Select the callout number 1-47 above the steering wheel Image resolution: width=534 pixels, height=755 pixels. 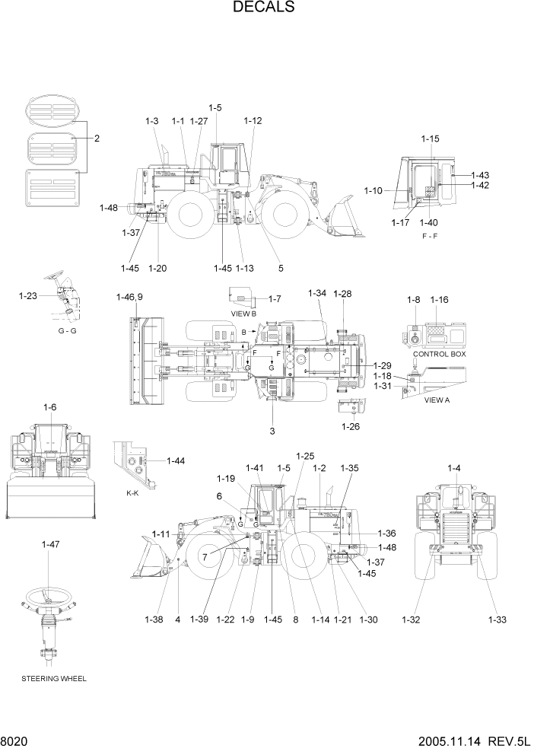click(51, 544)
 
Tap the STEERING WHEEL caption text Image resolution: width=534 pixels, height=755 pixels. click(54, 678)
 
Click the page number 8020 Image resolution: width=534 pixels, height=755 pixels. click(15, 742)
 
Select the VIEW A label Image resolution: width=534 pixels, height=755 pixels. click(437, 400)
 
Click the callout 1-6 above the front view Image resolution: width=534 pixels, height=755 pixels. click(49, 407)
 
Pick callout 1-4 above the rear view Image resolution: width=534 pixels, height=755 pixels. click(454, 468)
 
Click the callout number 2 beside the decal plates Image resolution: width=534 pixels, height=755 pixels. click(97, 139)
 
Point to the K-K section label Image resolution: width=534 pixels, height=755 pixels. click(132, 494)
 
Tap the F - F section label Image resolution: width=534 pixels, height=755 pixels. click(430, 236)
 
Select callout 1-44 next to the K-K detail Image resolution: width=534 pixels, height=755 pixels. click(176, 461)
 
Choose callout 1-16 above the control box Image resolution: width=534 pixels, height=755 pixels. click(440, 300)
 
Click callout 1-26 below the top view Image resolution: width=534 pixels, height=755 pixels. click(351, 425)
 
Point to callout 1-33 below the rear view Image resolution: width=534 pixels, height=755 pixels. click(497, 620)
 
